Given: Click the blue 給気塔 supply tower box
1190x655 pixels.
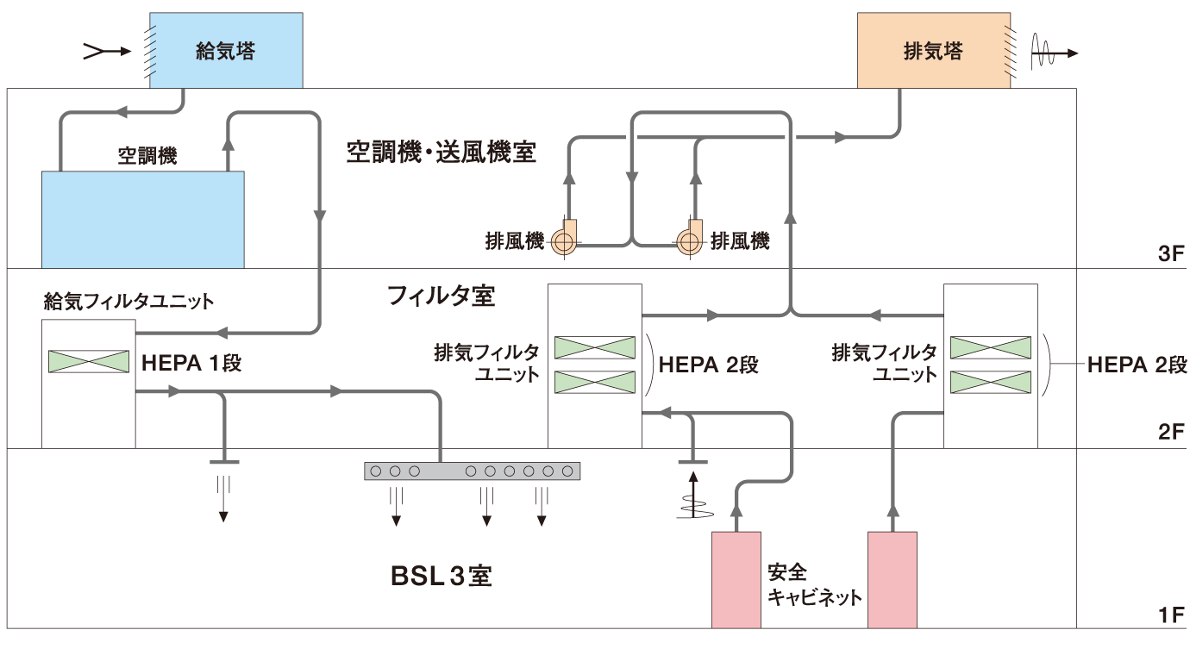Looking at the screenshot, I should point(226,50).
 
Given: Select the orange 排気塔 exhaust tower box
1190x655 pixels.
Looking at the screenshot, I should point(933,50).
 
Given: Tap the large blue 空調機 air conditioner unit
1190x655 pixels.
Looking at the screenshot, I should point(143,220).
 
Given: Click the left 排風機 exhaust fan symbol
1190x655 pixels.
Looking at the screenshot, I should point(563,241).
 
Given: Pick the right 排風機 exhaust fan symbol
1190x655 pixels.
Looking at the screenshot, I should point(690,241).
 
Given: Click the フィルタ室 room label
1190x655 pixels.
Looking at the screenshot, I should point(442,296).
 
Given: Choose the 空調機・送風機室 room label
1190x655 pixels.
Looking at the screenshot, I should point(442,153).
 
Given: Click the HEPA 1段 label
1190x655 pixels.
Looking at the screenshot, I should point(191,363).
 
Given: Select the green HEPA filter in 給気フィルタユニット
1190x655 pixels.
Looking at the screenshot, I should point(87,361).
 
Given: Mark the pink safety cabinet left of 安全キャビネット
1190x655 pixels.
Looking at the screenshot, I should point(736,579).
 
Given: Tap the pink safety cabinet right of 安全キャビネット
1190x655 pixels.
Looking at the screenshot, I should point(892,579).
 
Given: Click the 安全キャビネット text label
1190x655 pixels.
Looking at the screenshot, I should point(814,584).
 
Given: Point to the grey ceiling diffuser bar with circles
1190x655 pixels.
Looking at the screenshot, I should point(472,471).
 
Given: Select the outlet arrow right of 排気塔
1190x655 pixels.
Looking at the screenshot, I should point(1054,53).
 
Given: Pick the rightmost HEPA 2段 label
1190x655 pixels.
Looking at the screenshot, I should point(1137,365).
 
